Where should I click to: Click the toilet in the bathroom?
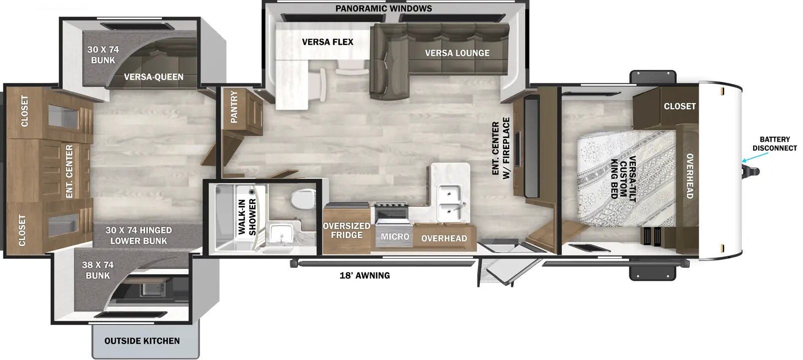(303, 199)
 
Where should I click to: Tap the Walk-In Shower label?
(247, 217)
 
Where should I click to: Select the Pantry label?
(234, 107)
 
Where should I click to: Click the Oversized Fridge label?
(346, 230)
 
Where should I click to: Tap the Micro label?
(395, 236)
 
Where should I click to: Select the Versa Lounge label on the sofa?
(457, 53)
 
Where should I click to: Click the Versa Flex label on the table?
(328, 42)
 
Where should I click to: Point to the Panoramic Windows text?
(384, 8)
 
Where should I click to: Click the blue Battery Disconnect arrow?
(755, 158)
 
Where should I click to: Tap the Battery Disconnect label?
(774, 144)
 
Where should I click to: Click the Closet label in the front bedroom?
(680, 106)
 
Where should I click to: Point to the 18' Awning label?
(365, 275)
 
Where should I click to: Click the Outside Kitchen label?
(142, 341)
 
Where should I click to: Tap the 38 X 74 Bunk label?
(98, 270)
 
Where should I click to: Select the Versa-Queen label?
(154, 77)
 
